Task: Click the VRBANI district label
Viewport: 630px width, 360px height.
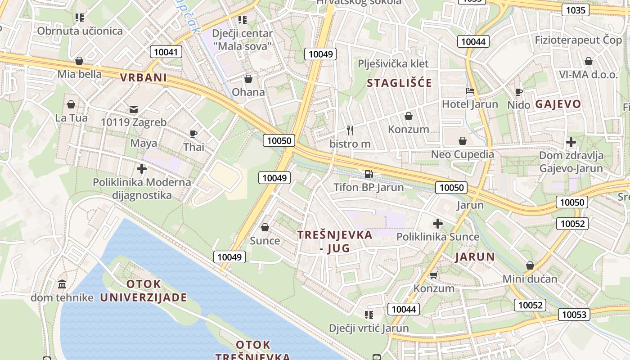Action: [x=144, y=77]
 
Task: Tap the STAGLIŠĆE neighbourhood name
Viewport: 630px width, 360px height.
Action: [x=399, y=83]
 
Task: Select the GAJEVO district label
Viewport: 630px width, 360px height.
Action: [x=558, y=104]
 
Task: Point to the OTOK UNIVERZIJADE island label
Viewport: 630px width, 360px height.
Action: [x=144, y=291]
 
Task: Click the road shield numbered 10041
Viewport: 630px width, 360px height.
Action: [x=166, y=52]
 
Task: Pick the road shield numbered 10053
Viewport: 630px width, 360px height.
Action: [x=575, y=314]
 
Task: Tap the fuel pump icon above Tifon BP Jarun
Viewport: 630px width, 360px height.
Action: [x=369, y=174]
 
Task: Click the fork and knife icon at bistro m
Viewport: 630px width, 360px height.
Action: [x=350, y=130]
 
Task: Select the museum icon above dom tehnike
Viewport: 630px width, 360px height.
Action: [x=62, y=284]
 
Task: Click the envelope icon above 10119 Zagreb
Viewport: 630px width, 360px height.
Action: [x=134, y=109]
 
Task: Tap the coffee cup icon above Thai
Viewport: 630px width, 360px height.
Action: [x=193, y=134]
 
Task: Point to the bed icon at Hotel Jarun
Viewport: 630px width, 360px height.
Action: [x=470, y=91]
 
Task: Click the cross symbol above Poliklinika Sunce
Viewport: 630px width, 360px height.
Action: [x=438, y=223]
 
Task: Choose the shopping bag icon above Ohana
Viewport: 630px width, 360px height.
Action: [x=248, y=79]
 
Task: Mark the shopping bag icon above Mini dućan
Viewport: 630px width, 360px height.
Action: [x=530, y=265]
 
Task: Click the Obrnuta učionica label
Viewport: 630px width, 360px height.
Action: [x=80, y=31]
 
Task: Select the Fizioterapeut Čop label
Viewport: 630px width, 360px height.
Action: [x=578, y=40]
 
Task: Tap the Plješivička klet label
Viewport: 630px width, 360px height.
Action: [x=393, y=63]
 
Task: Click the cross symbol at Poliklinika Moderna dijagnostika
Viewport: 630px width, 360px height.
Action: [x=142, y=169]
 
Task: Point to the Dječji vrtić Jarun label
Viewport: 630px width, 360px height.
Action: [x=369, y=328]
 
